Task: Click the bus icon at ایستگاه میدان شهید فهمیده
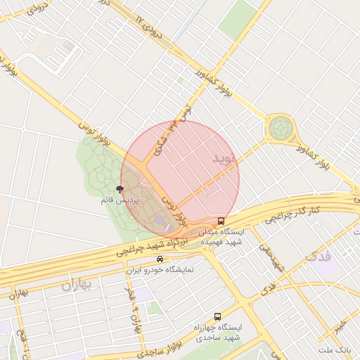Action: click(x=221, y=221)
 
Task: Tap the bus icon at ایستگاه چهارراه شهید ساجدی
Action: click(x=217, y=317)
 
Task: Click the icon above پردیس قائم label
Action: click(x=119, y=189)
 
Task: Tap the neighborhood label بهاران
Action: click(x=77, y=285)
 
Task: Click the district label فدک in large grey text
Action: click(x=319, y=259)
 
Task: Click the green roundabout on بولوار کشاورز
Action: click(x=280, y=129)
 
